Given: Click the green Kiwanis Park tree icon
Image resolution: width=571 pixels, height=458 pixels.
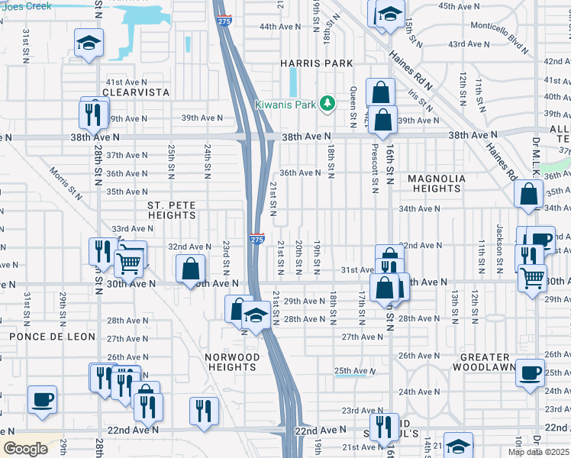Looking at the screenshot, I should click(x=327, y=103).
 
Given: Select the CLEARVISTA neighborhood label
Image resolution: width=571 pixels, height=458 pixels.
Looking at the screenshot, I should click(x=137, y=92).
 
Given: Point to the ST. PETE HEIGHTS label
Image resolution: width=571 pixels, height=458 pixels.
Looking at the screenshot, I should click(x=172, y=210).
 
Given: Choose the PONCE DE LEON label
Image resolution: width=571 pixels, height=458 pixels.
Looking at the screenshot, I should click(x=52, y=337).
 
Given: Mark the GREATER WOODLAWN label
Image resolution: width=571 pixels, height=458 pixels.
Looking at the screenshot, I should click(x=485, y=362).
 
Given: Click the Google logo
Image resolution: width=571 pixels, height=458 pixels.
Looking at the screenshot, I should click(x=26, y=449).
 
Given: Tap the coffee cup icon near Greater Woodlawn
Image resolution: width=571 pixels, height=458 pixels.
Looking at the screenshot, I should click(x=530, y=373).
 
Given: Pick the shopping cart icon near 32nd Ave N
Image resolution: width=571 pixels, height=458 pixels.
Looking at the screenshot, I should click(x=131, y=260).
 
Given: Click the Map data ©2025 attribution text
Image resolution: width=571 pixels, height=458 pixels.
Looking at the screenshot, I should click(x=539, y=452).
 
